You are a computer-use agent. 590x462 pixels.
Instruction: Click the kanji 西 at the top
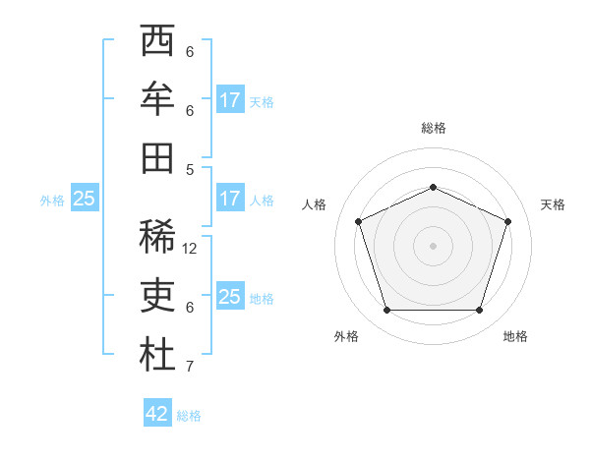[157, 42]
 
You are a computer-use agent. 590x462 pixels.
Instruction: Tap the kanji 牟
[157, 100]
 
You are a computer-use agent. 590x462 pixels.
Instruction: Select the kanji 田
[157, 157]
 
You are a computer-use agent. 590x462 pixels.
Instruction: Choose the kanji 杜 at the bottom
[157, 355]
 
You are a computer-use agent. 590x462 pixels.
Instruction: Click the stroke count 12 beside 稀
[190, 249]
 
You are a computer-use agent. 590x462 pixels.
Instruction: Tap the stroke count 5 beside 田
[190, 169]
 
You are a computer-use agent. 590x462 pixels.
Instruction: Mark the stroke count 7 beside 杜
[190, 367]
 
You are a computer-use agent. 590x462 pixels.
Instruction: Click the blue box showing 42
[157, 414]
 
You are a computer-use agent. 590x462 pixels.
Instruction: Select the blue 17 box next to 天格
[230, 100]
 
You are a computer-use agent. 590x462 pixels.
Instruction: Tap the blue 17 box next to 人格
[230, 199]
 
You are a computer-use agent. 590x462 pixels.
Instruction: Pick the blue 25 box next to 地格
[230, 297]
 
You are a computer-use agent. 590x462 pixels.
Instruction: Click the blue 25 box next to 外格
[84, 199]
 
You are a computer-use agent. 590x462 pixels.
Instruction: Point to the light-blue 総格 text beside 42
[189, 416]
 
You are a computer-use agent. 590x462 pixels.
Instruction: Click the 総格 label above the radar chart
[433, 128]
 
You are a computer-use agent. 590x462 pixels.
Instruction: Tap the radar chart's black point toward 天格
[508, 221]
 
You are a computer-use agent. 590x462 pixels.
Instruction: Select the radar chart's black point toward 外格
[386, 311]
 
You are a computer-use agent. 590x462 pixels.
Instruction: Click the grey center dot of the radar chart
[433, 246]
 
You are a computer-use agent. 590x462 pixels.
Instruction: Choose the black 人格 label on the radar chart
[314, 204]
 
